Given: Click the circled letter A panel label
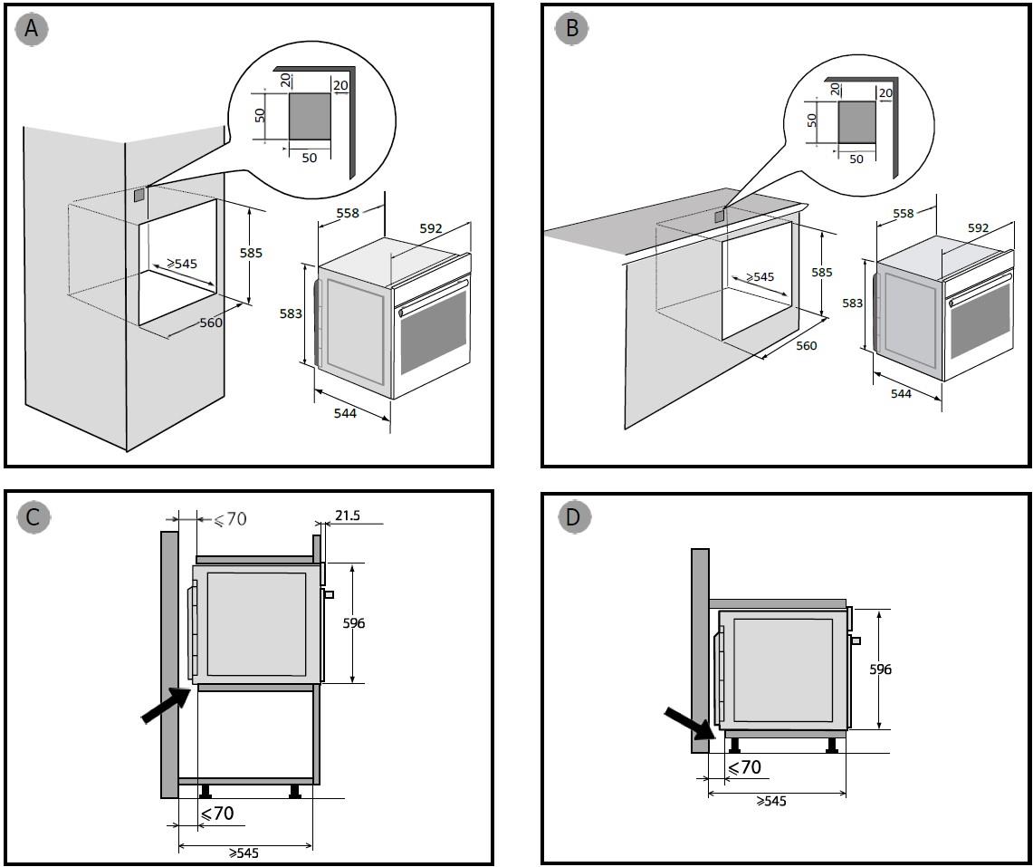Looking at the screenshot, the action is (x=33, y=30).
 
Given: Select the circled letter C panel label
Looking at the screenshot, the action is (x=33, y=517).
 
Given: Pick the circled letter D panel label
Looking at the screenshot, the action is (x=574, y=517).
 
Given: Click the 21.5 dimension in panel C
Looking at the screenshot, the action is (x=347, y=515).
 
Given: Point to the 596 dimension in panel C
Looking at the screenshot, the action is (x=353, y=623).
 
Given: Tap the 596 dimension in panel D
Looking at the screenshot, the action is (x=880, y=670).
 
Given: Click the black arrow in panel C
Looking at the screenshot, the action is (x=167, y=704).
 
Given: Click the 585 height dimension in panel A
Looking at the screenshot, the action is (x=252, y=253).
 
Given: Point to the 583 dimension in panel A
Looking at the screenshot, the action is (x=290, y=314).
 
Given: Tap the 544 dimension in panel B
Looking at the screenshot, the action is (x=901, y=393).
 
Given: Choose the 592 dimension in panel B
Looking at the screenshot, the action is (x=978, y=228).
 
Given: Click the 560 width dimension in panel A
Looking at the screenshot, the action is (x=212, y=323).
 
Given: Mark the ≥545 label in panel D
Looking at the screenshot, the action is (x=770, y=802).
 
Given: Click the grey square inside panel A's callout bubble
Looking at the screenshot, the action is (x=310, y=116).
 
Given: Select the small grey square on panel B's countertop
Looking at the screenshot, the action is (x=720, y=216).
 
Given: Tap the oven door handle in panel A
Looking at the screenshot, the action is (x=433, y=296).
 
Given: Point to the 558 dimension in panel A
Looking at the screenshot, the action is (x=347, y=213).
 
